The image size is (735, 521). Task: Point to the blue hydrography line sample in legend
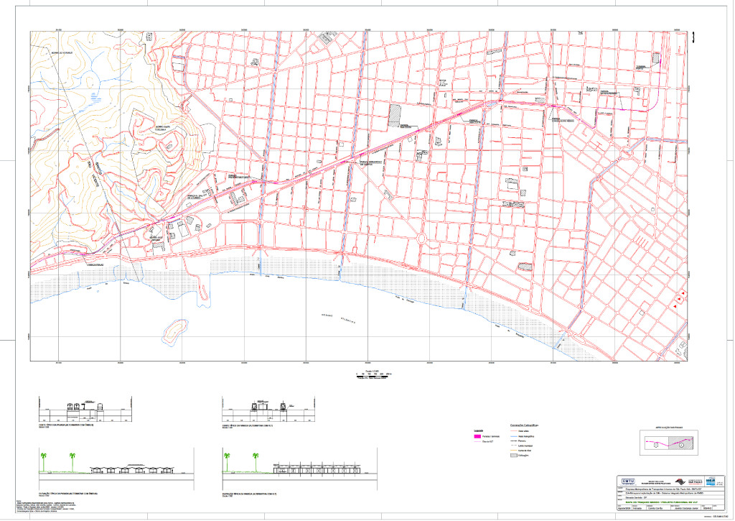[513, 436]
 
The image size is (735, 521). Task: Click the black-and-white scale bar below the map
[374, 375]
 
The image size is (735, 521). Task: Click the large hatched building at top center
[395, 116]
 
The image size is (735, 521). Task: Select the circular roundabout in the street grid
[421, 238]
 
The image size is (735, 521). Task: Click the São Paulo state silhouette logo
[711, 480]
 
